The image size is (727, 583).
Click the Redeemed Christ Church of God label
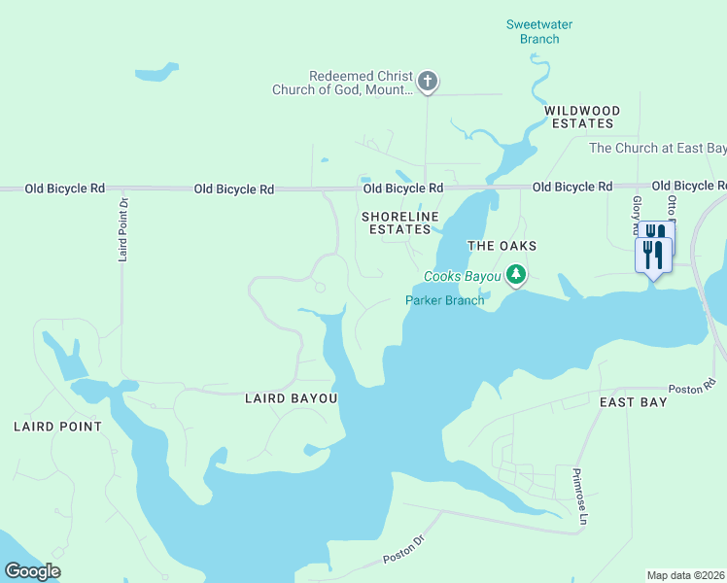tap(361, 83)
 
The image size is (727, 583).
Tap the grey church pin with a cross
tap(429, 81)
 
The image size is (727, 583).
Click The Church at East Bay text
tap(657, 149)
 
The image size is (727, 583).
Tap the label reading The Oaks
tap(502, 246)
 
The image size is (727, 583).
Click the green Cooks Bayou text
tap(462, 277)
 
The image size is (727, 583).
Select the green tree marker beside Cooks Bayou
tap(517, 275)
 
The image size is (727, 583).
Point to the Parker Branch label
tap(444, 300)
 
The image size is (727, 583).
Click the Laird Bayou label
tap(290, 398)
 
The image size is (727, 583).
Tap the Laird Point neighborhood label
tap(57, 427)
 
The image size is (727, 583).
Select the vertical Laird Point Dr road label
tap(123, 229)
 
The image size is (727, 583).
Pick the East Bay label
tap(633, 402)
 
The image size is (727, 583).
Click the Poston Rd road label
tap(698, 385)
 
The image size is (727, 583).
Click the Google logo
tap(32, 571)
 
